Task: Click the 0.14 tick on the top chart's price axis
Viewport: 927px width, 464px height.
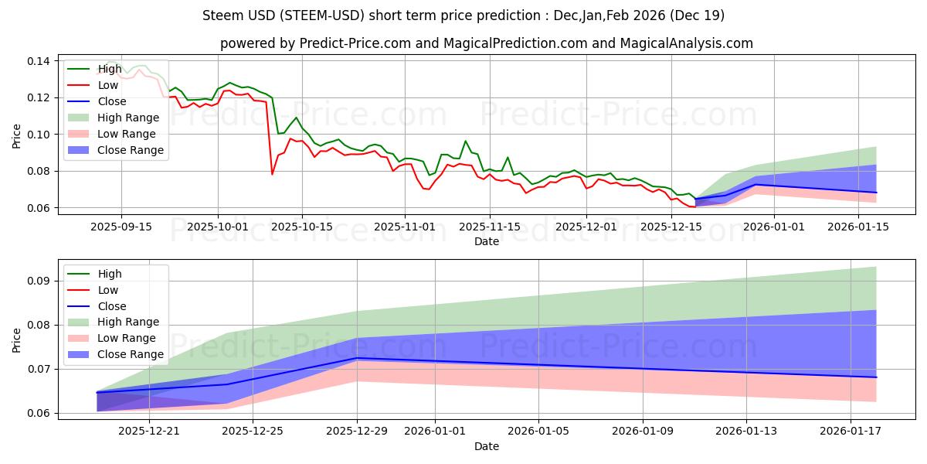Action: pos(39,61)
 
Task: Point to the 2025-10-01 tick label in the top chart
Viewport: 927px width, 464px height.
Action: pos(218,226)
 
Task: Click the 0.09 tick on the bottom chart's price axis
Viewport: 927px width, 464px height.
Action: pos(39,281)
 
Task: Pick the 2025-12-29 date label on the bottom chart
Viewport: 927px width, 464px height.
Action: pos(357,431)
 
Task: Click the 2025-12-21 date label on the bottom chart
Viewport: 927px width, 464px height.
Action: pos(148,431)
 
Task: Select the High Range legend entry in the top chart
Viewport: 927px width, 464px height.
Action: pos(127,118)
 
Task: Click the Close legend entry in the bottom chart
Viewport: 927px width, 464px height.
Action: pos(112,306)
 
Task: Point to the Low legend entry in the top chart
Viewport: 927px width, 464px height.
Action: pos(108,85)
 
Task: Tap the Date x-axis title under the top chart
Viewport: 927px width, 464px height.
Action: pos(487,241)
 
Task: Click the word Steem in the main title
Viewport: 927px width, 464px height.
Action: pos(220,15)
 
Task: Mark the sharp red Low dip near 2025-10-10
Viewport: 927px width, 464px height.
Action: pos(272,174)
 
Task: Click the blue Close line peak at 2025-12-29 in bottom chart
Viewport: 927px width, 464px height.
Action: pos(357,358)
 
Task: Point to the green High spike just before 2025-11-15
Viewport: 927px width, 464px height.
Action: pos(465,141)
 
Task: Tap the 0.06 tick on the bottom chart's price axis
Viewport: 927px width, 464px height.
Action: pos(39,414)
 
